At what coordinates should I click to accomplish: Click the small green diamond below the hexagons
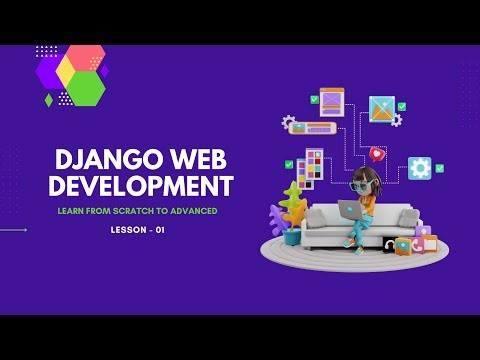point(48,100)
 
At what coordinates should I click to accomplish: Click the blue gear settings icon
point(419,168)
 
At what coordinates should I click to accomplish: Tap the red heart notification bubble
point(376,154)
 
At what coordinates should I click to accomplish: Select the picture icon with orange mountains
point(383,109)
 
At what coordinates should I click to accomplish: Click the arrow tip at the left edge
point(26,230)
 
